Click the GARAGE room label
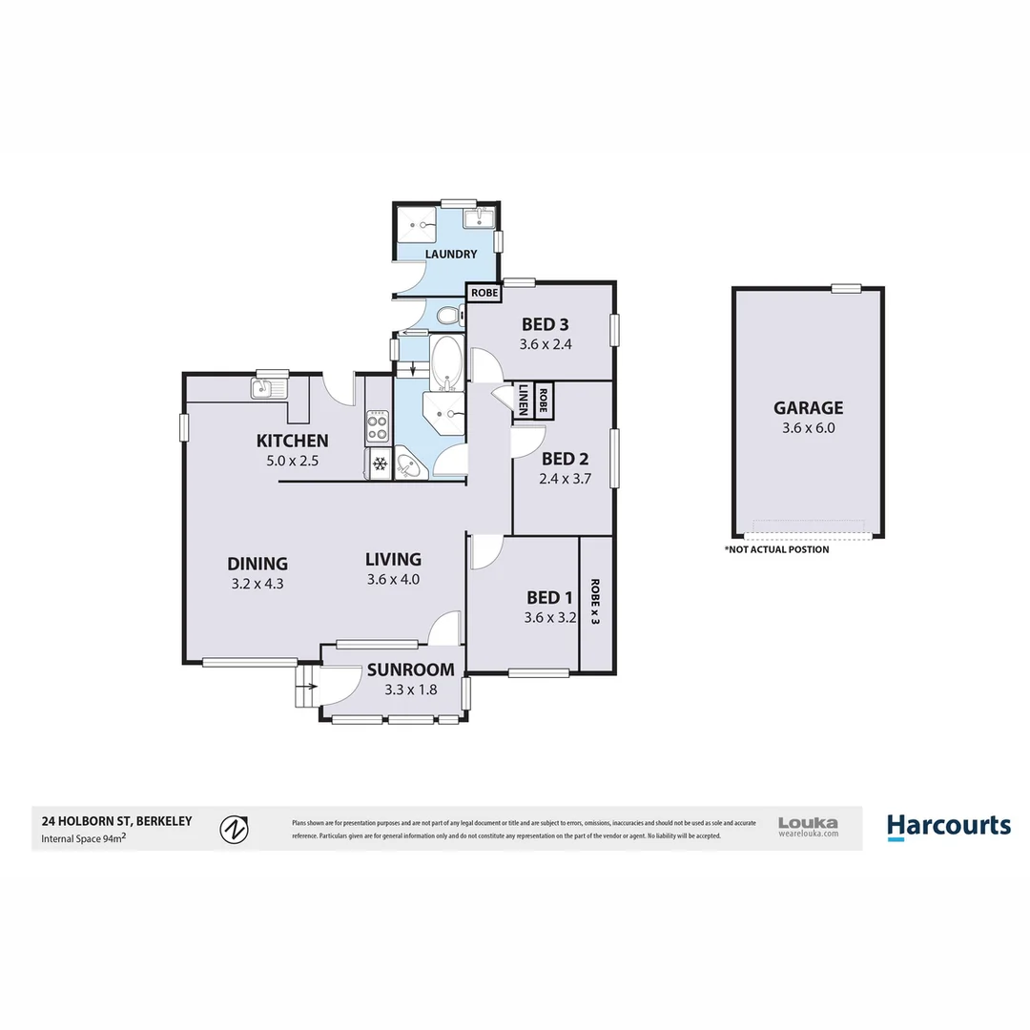coord(808,408)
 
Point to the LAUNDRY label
coord(451,255)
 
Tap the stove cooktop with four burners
coord(378,426)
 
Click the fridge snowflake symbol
coord(379,464)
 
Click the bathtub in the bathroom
coord(446,361)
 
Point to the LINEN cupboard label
coord(524,399)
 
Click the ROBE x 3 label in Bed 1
coord(595,602)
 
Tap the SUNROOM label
coord(410,669)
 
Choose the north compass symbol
coord(235,829)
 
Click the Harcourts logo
coord(948,826)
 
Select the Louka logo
coord(808,826)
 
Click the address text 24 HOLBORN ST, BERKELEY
coord(116,820)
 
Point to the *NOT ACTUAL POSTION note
coord(776,549)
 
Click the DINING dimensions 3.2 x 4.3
coord(258,583)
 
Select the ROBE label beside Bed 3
coord(484,293)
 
